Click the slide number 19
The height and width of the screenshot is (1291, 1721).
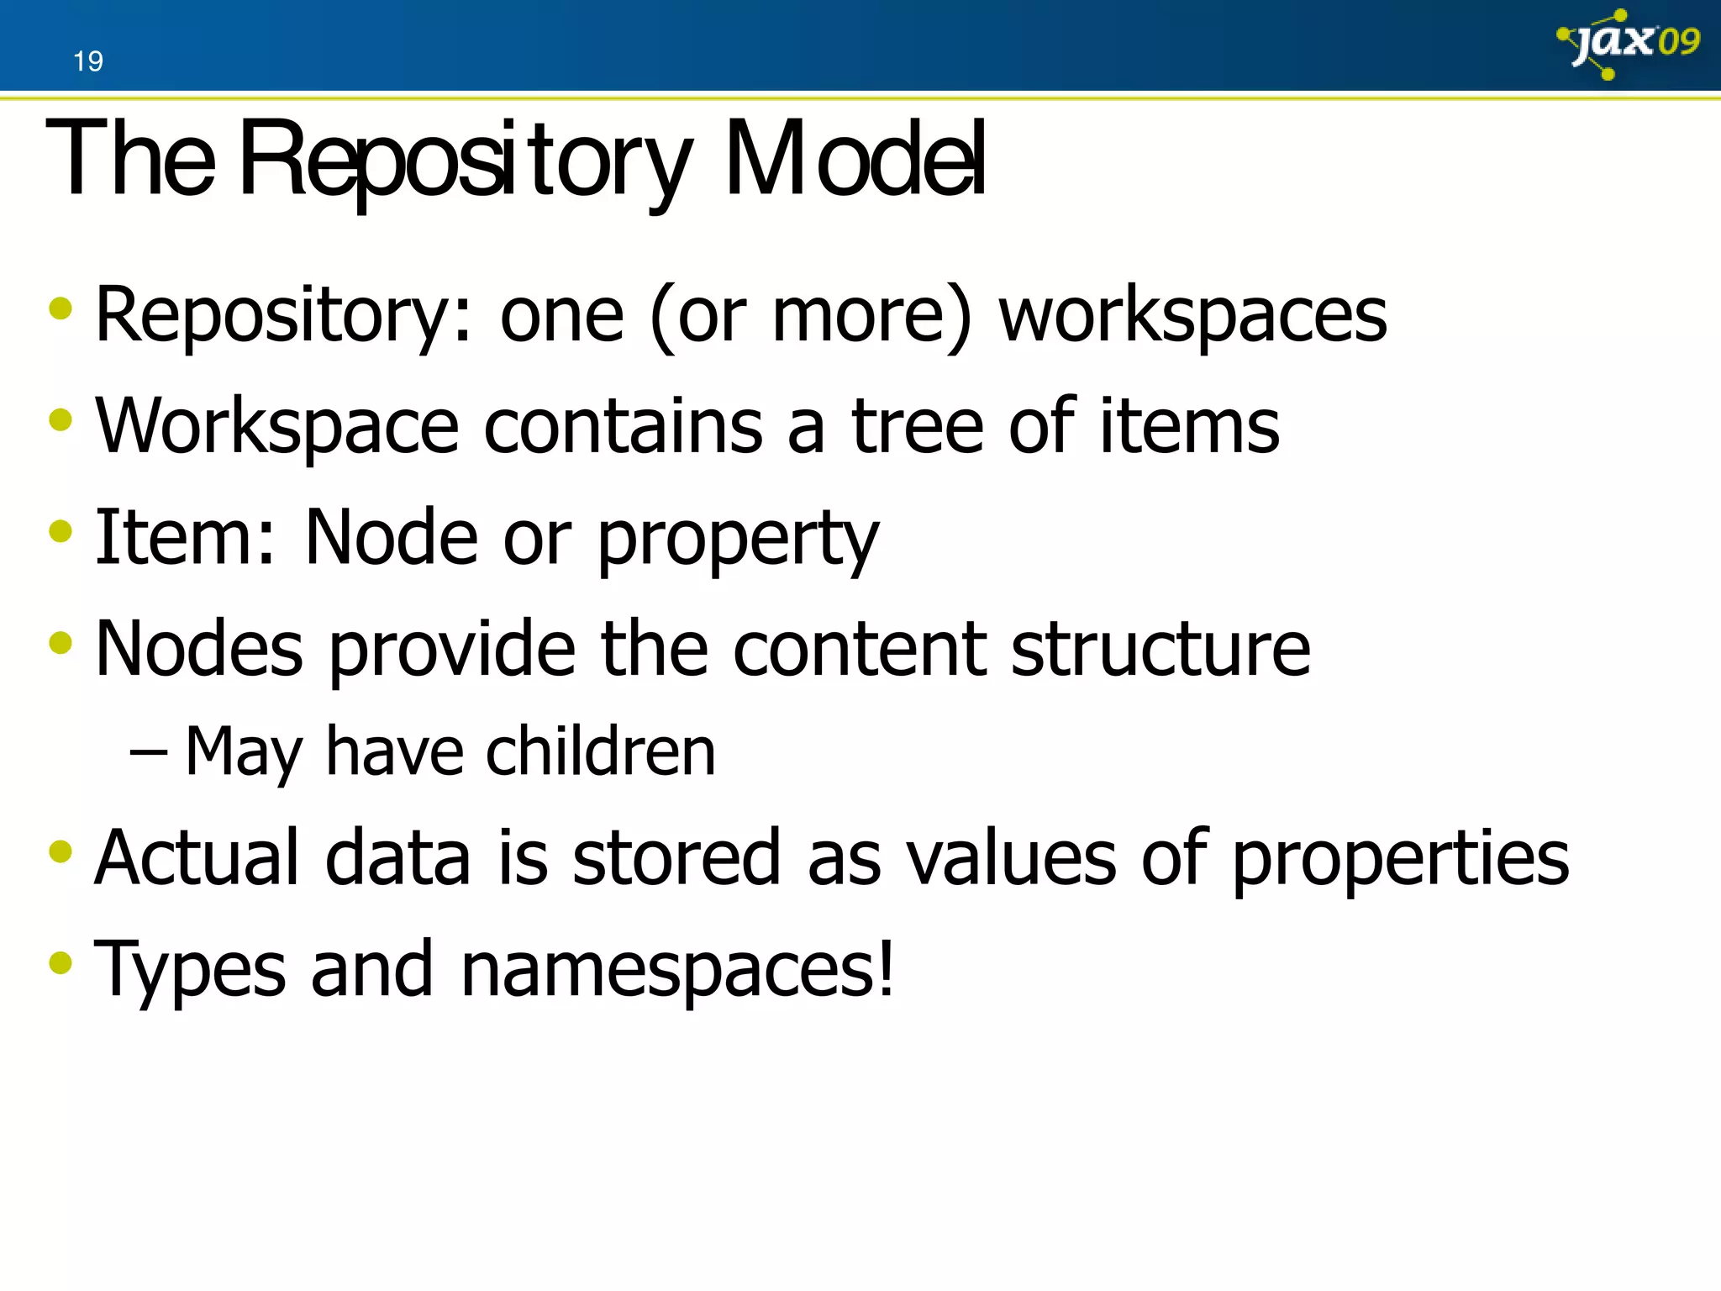(x=87, y=61)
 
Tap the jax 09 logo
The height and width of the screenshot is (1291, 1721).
(x=1629, y=44)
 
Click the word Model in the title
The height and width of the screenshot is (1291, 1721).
(x=855, y=160)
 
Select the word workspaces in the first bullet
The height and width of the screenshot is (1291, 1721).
(x=1192, y=316)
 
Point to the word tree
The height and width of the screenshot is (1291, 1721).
(x=917, y=427)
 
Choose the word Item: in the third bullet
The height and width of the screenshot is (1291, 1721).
(x=185, y=538)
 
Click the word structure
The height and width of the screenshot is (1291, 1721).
(x=1160, y=649)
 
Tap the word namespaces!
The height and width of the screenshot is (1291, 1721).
(x=677, y=970)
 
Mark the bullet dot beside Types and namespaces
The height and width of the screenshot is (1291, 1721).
(x=61, y=961)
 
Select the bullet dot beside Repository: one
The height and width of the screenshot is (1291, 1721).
(x=61, y=308)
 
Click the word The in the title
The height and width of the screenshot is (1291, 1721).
(x=130, y=160)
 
